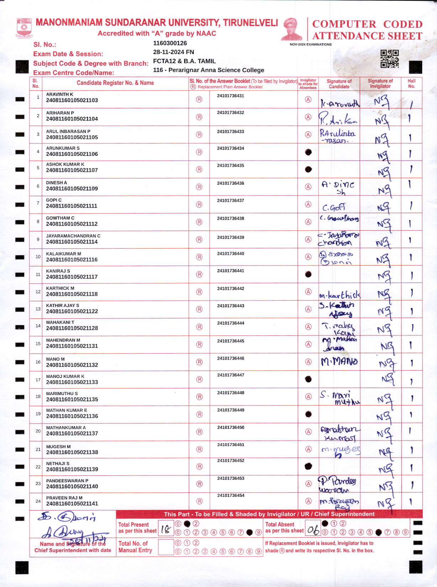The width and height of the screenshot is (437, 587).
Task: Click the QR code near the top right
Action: [390, 59]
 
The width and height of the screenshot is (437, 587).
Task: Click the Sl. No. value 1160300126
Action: [170, 43]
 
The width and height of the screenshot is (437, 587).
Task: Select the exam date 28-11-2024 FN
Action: [173, 52]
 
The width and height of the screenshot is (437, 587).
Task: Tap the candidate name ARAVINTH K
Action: [59, 95]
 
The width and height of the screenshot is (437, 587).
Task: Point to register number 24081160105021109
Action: [72, 189]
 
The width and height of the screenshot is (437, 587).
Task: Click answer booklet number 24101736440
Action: [231, 254]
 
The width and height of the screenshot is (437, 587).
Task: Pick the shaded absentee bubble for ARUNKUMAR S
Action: [308, 152]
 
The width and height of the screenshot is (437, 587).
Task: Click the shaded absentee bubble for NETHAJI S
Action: [308, 466]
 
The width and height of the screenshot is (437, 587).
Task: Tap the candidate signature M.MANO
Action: [339, 362]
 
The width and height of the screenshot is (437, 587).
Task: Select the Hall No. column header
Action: [411, 84]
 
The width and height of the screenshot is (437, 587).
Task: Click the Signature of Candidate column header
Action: [339, 84]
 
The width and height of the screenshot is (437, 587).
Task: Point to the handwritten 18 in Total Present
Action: [165, 530]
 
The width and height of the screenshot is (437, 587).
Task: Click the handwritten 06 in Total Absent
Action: [314, 530]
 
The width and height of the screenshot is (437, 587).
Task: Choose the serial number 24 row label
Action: [38, 501]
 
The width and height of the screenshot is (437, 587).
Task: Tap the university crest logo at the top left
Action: [24, 28]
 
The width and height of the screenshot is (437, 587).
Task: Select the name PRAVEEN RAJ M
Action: [64, 498]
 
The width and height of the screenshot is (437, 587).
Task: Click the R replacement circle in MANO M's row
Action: [199, 362]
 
